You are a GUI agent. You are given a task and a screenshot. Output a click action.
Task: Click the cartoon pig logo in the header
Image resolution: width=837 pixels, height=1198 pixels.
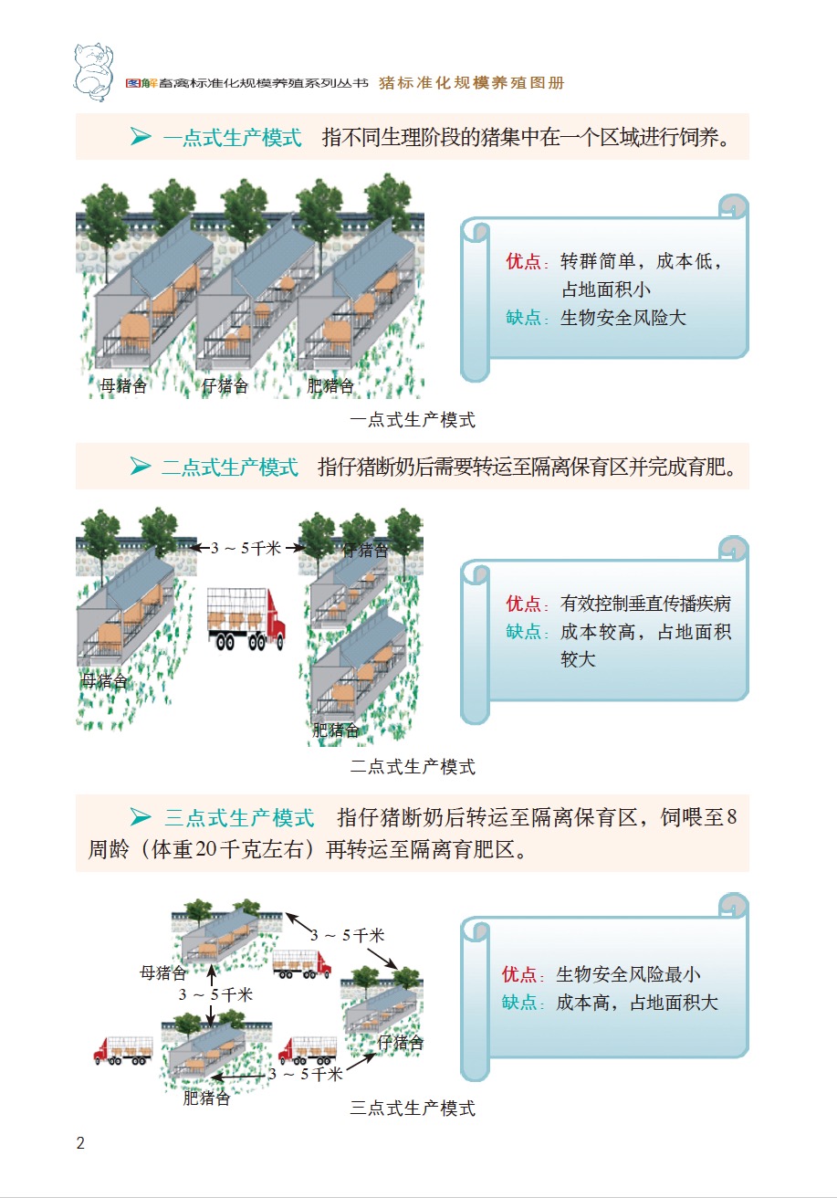(96, 69)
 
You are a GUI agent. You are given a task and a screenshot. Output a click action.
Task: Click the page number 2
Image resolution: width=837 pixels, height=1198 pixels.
(80, 1143)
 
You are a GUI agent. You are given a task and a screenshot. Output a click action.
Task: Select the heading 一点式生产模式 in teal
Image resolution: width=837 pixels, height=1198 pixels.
(232, 138)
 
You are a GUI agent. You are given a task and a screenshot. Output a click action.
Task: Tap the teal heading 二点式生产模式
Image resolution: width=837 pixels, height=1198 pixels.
(229, 468)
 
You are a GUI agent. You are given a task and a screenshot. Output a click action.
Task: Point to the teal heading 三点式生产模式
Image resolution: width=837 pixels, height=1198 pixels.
(239, 816)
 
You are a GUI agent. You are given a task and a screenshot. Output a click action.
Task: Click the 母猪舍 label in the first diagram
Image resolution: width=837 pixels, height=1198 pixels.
(123, 386)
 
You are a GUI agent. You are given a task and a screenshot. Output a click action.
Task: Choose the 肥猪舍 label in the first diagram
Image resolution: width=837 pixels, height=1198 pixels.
(330, 386)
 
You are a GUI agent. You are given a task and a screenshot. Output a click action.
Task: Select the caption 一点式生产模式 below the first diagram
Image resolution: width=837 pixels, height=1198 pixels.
(413, 420)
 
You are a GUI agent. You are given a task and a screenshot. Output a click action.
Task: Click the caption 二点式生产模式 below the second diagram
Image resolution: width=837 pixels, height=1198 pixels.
(413, 766)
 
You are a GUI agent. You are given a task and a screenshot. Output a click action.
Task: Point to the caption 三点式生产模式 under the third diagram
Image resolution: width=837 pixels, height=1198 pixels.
(413, 1109)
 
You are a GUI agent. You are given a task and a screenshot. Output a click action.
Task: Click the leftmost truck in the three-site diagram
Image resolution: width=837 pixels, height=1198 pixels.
(122, 1050)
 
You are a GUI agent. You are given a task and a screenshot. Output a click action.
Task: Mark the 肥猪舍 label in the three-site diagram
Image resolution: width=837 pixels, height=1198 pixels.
(206, 1098)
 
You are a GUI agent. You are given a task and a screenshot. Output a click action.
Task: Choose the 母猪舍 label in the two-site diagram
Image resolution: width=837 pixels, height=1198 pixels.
(104, 680)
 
